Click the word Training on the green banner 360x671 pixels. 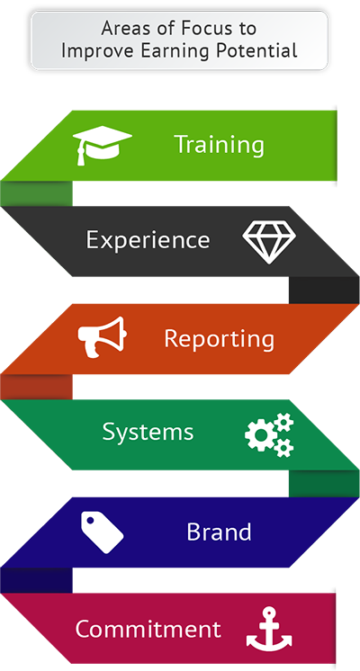220,145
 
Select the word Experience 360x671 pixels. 148,240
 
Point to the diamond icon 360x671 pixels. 269,242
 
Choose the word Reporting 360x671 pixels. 220,340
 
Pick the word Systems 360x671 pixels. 148,433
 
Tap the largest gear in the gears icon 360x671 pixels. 260,435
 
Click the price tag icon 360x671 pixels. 103,532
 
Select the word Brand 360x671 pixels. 219,532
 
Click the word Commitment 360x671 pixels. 148,629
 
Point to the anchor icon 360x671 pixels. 269,628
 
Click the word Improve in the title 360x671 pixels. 93,51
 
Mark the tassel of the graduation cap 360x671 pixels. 79,154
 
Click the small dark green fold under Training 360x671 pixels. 36,193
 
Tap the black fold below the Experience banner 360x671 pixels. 324,291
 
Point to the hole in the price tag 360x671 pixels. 90,521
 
